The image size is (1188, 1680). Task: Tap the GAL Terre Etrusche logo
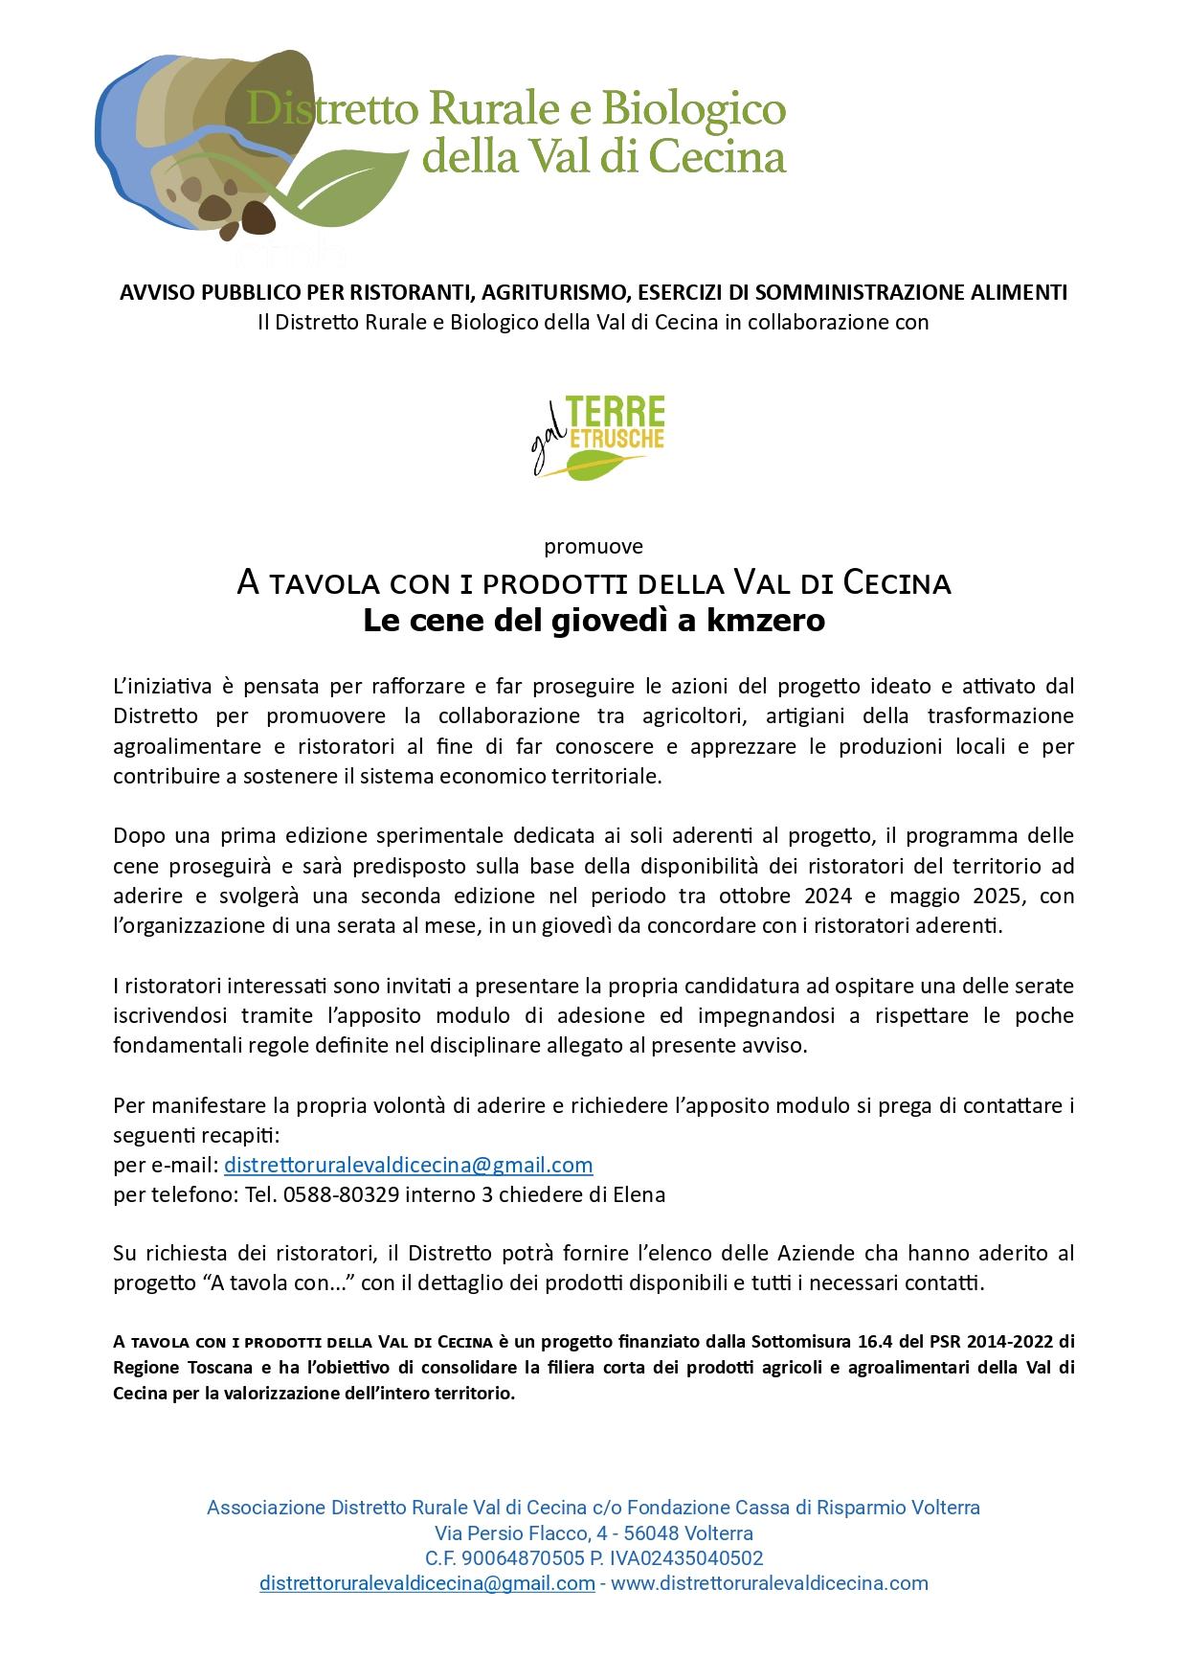[598, 436]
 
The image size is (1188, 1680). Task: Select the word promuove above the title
[594, 547]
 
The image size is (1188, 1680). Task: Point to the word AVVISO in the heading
[150, 292]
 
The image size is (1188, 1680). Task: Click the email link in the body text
[408, 1165]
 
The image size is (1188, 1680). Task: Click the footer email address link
[427, 1583]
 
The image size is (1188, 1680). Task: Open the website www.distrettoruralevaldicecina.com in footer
[770, 1583]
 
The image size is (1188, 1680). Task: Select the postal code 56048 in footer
[651, 1533]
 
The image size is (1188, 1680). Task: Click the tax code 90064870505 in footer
[521, 1558]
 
